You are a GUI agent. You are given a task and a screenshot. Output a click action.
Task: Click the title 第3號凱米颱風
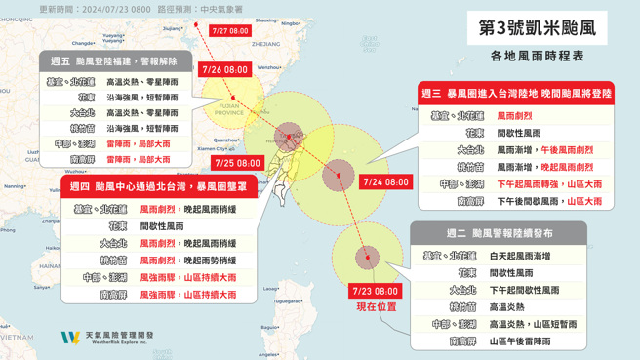tap(537, 27)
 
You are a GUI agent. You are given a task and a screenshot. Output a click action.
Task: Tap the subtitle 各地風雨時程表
tap(537, 56)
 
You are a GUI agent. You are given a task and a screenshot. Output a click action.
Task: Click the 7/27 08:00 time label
tap(230, 31)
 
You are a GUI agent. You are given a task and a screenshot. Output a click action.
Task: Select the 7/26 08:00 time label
tap(224, 70)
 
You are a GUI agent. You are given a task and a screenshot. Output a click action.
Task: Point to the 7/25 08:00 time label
tap(238, 163)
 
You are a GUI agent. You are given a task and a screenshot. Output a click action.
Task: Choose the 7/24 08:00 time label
tap(385, 181)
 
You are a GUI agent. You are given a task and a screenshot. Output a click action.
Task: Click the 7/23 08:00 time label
tap(375, 291)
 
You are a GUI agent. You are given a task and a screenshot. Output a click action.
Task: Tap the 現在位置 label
tap(376, 306)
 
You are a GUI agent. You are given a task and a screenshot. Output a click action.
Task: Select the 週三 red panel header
tap(515, 94)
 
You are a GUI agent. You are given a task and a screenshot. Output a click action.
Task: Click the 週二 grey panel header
tap(498, 234)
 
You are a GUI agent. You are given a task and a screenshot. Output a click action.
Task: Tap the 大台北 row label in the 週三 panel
tap(470, 150)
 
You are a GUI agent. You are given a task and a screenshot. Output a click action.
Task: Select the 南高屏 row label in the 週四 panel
tap(113, 294)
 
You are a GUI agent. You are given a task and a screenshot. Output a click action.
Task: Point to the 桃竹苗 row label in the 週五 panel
tap(82, 129)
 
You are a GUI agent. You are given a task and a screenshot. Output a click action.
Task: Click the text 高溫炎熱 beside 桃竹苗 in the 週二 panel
tap(507, 307)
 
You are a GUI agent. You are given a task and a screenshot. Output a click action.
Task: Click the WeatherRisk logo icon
tap(69, 338)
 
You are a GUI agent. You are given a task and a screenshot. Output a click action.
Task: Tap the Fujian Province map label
tap(227, 109)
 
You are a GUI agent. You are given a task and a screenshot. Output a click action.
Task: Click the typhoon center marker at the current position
tap(367, 258)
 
